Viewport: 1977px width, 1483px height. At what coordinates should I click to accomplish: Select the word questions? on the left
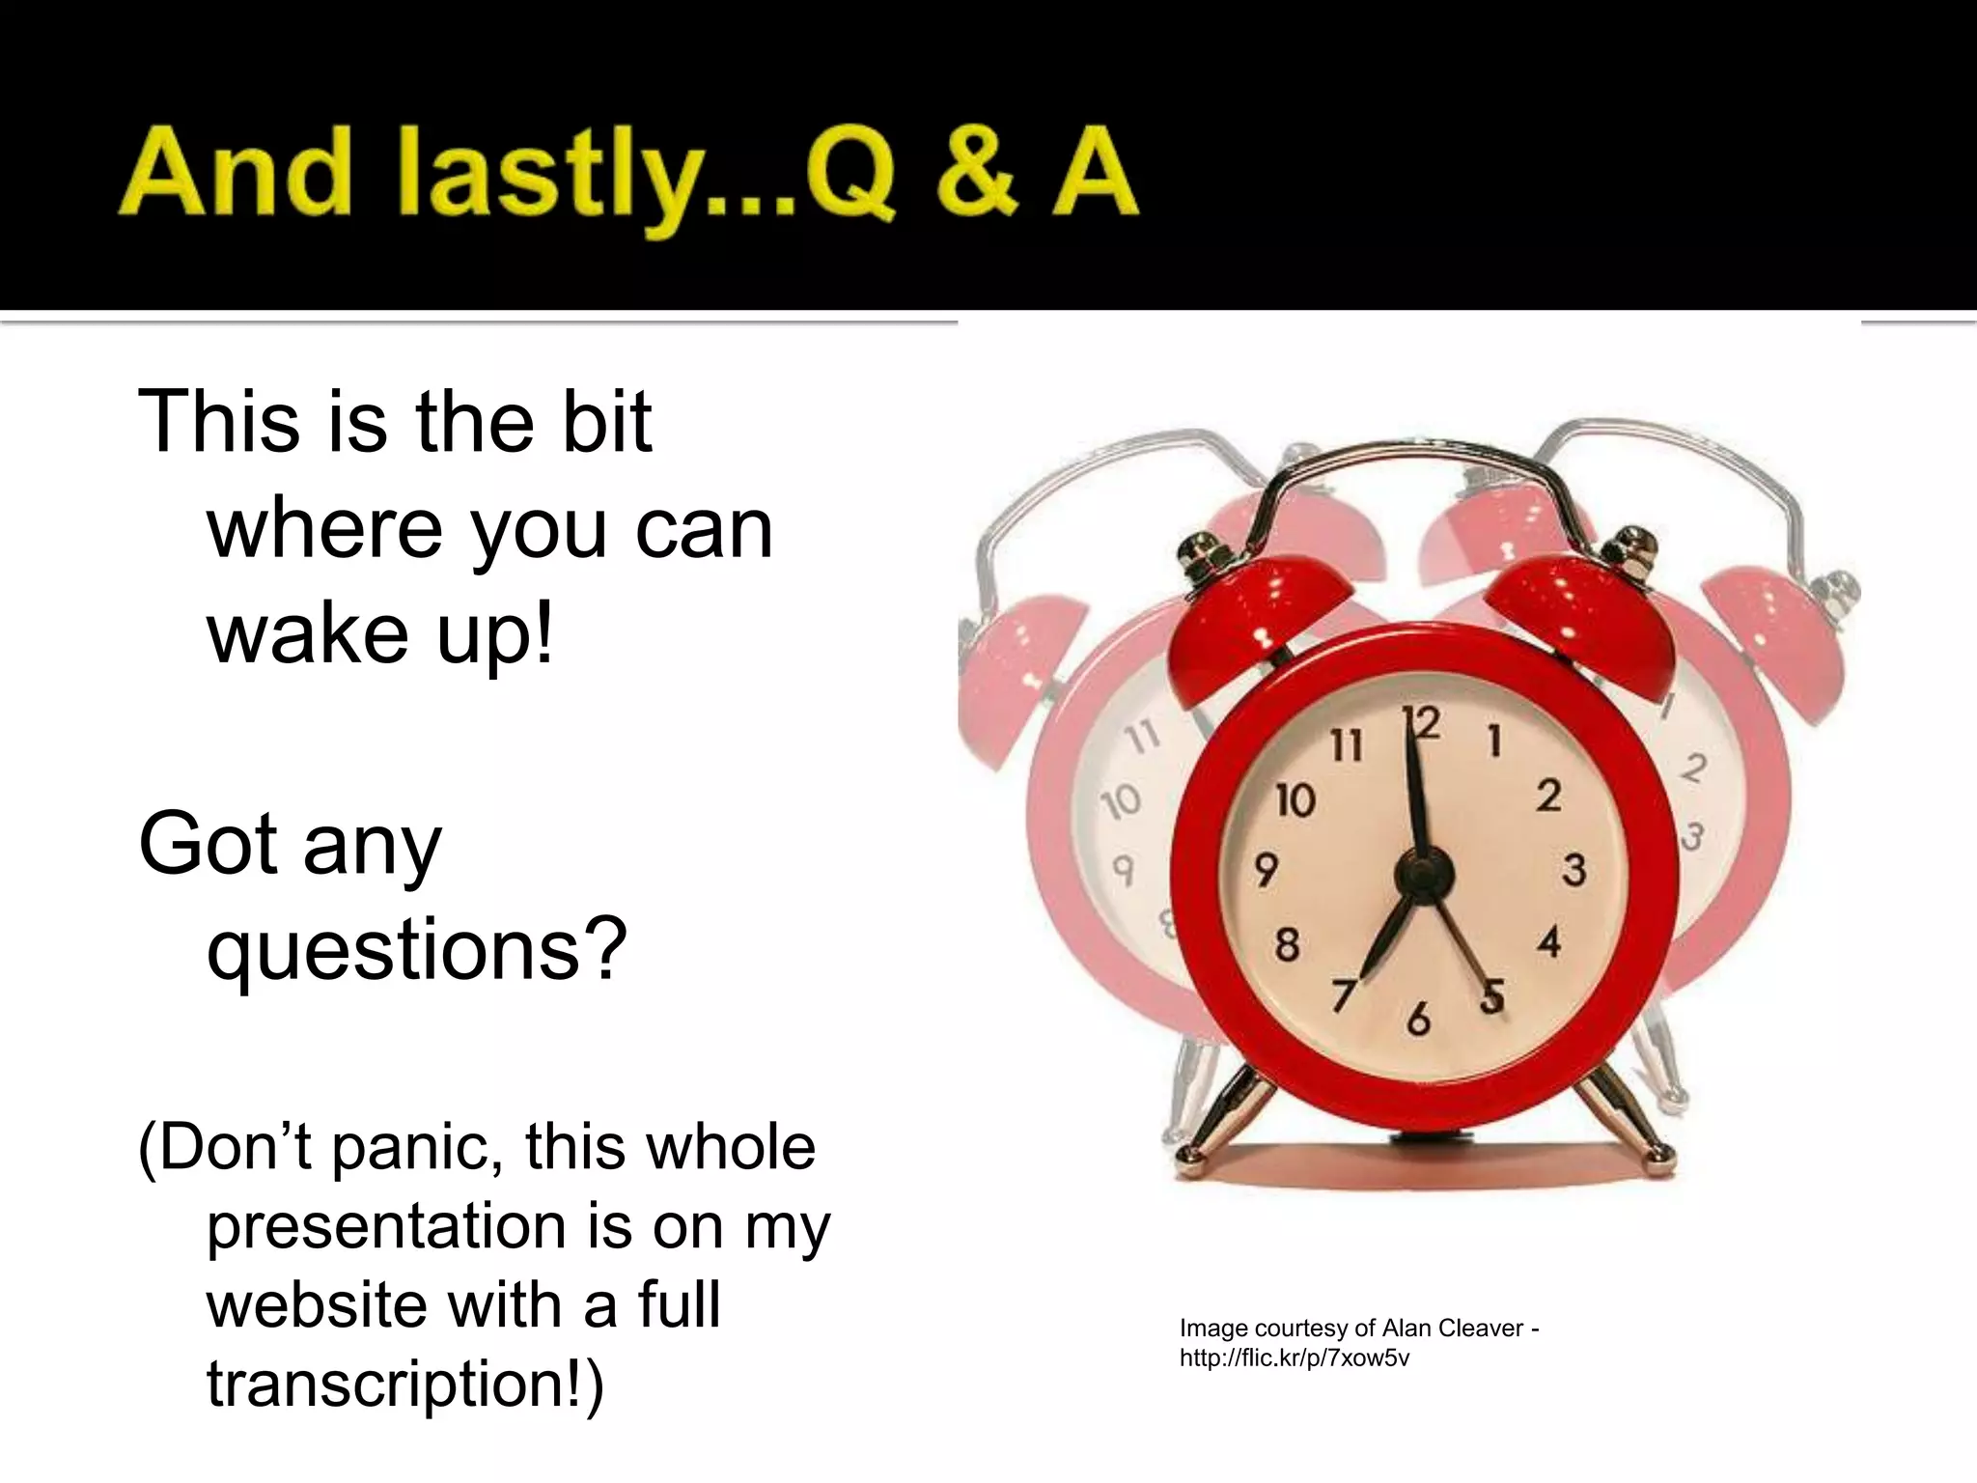click(417, 951)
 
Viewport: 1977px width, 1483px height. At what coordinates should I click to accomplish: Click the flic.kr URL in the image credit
click(1294, 1358)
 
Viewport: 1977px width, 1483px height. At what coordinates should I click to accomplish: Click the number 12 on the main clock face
click(1422, 724)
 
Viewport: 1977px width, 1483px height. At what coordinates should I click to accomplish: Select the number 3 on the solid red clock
click(1574, 869)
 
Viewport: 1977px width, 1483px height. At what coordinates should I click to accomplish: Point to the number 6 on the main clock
click(1418, 1020)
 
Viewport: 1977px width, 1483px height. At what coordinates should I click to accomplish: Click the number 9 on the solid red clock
click(1266, 869)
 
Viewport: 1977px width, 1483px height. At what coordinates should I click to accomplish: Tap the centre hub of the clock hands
click(1424, 874)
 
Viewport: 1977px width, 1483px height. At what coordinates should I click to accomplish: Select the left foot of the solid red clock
click(1197, 1149)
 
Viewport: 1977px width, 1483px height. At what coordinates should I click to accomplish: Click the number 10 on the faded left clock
click(1121, 801)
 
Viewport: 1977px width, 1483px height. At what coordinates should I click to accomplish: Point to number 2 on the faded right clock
click(1693, 769)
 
